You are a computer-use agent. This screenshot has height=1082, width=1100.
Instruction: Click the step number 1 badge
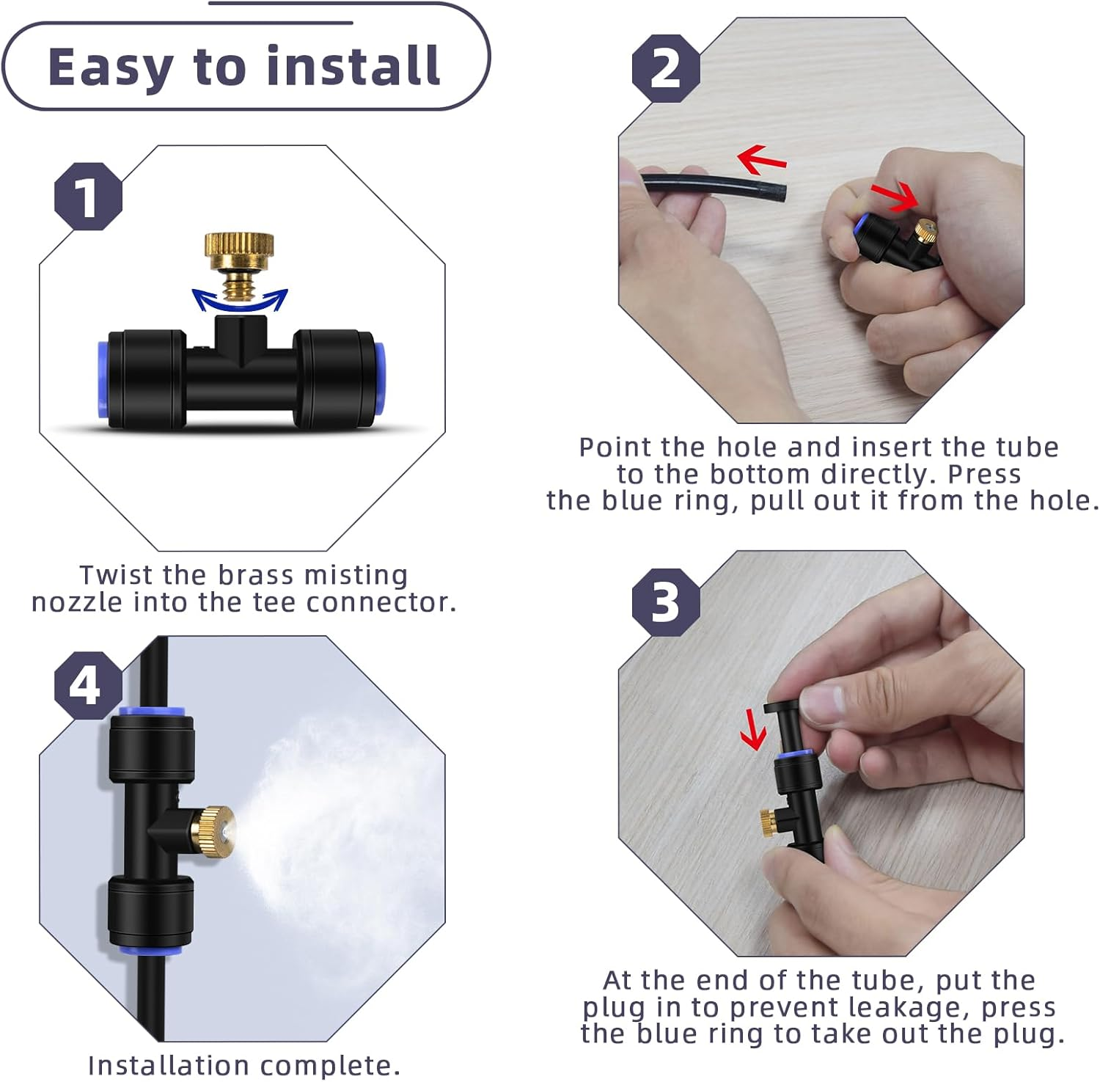[88, 197]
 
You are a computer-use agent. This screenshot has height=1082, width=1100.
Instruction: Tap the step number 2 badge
[666, 68]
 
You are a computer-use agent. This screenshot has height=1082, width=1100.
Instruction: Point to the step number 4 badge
[87, 685]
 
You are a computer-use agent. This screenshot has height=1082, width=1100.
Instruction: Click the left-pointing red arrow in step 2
[761, 158]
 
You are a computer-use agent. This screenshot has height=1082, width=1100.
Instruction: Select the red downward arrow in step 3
[752, 730]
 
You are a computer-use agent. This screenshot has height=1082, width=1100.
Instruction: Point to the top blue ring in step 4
[152, 710]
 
